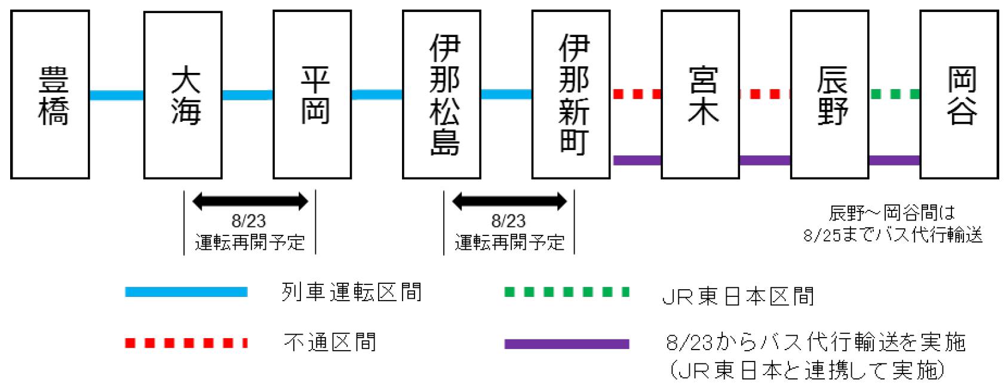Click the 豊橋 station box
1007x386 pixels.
50,94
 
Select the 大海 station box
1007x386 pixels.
183,94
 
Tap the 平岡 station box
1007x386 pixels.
312,94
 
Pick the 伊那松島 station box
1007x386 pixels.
441,94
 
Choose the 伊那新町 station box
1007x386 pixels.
571,94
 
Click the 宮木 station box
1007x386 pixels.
700,94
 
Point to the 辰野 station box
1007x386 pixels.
830,94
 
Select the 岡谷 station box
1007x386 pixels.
959,94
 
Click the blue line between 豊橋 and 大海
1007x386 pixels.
116,95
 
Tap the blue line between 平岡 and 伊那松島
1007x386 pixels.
377,94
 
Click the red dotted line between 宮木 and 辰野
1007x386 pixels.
765,94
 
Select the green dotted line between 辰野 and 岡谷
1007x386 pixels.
894,94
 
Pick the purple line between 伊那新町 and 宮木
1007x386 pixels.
637,160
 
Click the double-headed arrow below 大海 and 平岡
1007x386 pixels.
250,202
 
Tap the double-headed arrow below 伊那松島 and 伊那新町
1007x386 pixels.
509,202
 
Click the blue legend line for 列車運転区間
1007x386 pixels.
186,292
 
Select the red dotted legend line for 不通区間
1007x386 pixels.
186,343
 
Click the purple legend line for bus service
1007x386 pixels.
566,344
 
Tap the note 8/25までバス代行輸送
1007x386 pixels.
892,235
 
